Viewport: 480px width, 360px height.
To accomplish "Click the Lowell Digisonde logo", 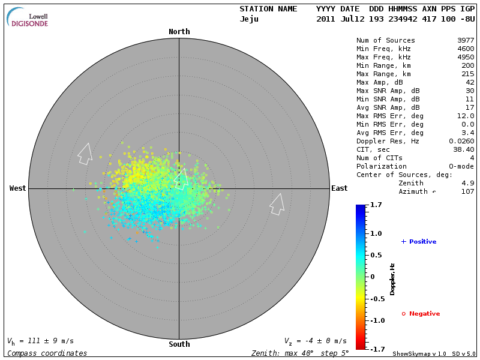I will pos(28,17).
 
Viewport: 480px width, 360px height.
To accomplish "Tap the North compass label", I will pos(179,32).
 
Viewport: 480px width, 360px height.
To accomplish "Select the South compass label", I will pos(179,344).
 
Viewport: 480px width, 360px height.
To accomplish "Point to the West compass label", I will pos(17,188).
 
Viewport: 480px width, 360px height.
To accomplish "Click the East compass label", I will pos(340,188).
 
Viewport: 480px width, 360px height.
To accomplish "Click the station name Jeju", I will pos(249,19).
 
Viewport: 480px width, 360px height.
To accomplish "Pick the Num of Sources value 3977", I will pos(466,40).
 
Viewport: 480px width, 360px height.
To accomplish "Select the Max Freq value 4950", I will pos(466,57).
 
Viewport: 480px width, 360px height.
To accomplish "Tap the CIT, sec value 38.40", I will pos(463,149).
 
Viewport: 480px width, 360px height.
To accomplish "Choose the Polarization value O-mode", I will pos(460,166).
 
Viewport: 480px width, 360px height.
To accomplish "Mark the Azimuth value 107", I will pos(467,191).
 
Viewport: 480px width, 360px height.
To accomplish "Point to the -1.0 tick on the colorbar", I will pos(377,320).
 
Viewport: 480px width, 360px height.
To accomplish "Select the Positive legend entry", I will pos(418,242).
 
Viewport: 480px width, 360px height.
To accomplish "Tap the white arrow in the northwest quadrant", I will pos(85,154).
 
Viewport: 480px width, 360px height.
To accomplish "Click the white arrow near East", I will pos(277,204).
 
